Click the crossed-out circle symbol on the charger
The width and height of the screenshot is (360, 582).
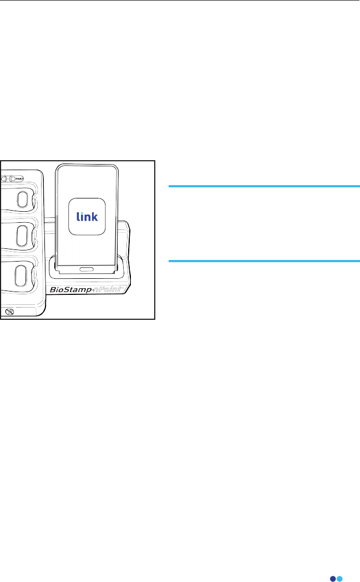[x=8, y=312]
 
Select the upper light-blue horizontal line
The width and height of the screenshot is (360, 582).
[x=264, y=187]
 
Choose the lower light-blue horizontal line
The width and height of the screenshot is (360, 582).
[x=264, y=261]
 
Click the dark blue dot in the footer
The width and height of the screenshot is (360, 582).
[x=333, y=564]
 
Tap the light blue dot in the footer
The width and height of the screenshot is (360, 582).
[x=339, y=564]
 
